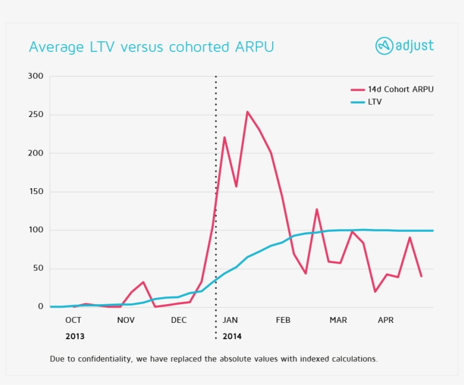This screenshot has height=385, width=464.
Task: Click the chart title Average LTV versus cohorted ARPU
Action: (x=151, y=46)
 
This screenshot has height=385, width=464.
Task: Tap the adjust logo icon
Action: (x=384, y=46)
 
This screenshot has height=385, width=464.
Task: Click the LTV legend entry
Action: (x=375, y=102)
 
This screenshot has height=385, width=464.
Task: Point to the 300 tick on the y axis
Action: (x=36, y=76)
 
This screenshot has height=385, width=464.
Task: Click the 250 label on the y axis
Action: (x=36, y=115)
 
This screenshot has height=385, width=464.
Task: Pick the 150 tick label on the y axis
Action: (x=36, y=192)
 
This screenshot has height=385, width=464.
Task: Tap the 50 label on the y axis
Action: (x=38, y=268)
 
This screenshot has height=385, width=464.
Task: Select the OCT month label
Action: (x=73, y=320)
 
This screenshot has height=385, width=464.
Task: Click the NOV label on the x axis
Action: (x=126, y=320)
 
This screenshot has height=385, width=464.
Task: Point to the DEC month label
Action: (x=179, y=320)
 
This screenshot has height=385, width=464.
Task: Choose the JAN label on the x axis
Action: (x=230, y=320)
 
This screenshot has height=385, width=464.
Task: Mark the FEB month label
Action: (x=283, y=320)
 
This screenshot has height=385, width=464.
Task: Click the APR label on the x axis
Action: (x=385, y=320)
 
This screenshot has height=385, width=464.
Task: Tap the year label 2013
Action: (x=75, y=336)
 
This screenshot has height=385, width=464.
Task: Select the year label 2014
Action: (x=232, y=336)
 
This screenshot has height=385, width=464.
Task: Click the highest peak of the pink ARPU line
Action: (x=247, y=112)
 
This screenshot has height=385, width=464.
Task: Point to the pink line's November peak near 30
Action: (x=143, y=282)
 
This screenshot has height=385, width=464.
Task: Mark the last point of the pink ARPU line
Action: (x=422, y=276)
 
